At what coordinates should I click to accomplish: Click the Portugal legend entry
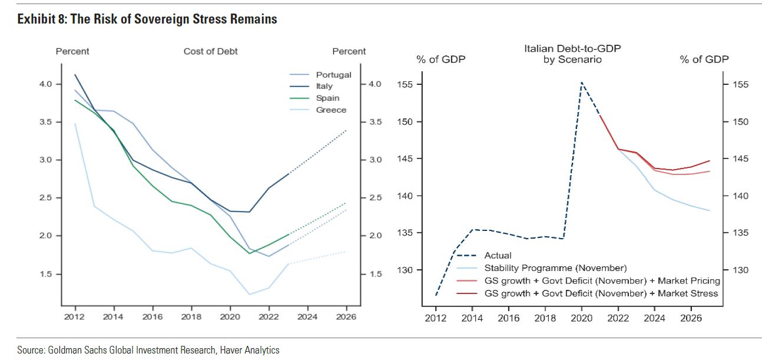[x=333, y=75]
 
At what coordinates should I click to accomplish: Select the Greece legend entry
[x=331, y=110]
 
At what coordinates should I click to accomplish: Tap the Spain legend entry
[x=327, y=98]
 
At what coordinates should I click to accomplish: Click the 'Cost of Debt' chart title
[x=210, y=51]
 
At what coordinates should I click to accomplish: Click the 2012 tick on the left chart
[x=75, y=316]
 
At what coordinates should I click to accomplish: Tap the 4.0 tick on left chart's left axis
[x=46, y=84]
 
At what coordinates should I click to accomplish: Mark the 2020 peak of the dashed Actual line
[x=582, y=82]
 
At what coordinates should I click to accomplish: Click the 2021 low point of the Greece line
[x=250, y=294]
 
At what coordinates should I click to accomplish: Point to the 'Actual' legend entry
[x=498, y=256]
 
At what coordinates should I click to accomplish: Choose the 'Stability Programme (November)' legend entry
[x=555, y=268]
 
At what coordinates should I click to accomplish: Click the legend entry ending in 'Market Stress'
[x=601, y=293]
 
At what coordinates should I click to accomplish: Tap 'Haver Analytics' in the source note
[x=250, y=350]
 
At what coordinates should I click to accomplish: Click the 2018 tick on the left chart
[x=191, y=316]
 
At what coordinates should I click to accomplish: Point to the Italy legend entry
[x=324, y=87]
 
